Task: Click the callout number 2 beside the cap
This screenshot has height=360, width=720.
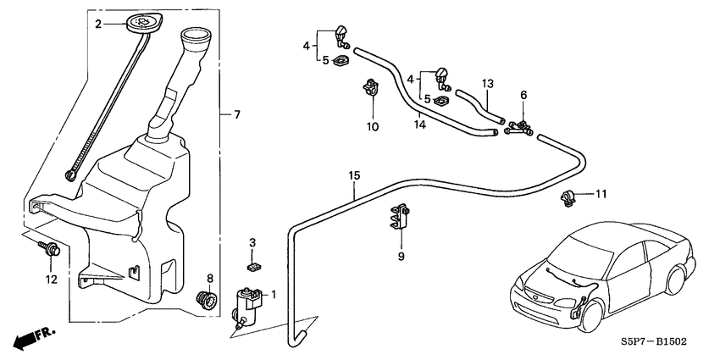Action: [98, 25]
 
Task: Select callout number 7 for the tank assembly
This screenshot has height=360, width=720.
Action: [237, 114]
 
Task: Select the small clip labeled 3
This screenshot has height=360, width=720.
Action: [252, 266]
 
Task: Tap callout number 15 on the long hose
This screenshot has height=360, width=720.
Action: [354, 176]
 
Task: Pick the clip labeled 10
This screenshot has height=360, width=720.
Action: [370, 88]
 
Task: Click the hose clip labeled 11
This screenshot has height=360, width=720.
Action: [568, 200]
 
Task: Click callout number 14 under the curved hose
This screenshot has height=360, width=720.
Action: [419, 125]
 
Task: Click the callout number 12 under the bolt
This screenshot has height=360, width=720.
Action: [53, 280]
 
